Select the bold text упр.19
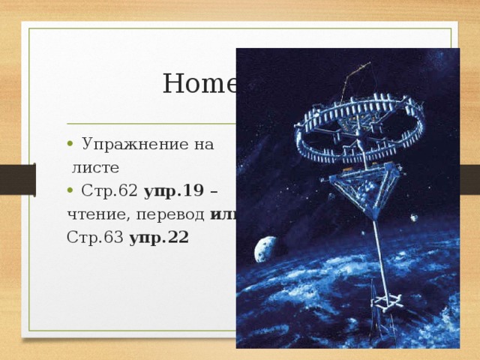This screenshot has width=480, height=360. (170, 191)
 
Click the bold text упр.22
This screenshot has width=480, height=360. (159, 238)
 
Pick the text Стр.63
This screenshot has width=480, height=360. (95, 238)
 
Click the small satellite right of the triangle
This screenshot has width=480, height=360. (414, 218)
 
